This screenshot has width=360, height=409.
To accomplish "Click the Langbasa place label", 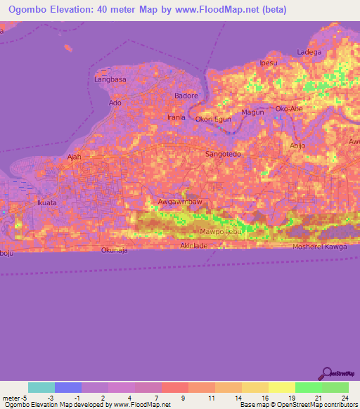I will coord(109,80).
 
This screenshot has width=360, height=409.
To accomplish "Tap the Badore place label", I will coord(186,95).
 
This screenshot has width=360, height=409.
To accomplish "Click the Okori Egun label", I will coord(213,119).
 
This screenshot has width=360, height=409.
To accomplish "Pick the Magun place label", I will coord(252,112).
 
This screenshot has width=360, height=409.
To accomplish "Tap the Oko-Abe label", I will coord(289,109).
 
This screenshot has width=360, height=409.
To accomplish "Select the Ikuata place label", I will coord(46,203).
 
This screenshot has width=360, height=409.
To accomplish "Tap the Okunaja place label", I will coord(115,250).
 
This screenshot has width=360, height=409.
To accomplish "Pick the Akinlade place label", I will coord(194,246).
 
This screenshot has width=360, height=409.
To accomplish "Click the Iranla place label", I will coord(176,117).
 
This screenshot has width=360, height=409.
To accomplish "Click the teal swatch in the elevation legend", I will coord(41,387).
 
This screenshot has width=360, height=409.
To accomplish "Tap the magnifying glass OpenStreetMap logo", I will coord(326,373).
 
